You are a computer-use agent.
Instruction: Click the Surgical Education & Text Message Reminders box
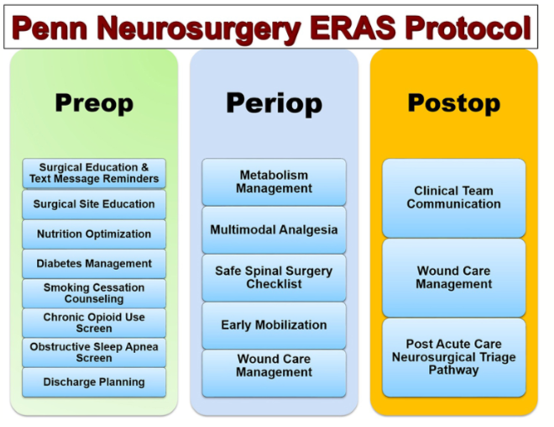click(x=94, y=173)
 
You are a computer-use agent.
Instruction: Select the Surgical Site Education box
click(x=94, y=203)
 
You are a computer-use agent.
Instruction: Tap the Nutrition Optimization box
click(x=94, y=234)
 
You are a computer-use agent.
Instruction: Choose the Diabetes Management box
click(x=94, y=263)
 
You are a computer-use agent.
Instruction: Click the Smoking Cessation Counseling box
click(x=94, y=293)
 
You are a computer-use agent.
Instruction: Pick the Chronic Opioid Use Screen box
click(x=94, y=323)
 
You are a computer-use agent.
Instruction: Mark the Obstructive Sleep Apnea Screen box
click(x=94, y=352)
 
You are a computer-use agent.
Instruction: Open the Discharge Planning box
click(x=94, y=382)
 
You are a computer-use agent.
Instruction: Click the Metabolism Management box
click(x=274, y=182)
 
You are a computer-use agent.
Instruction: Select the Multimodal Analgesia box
click(x=274, y=229)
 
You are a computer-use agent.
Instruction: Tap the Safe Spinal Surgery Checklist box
click(x=274, y=277)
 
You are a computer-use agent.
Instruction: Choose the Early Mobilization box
click(x=274, y=324)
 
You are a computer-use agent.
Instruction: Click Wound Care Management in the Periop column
click(x=274, y=372)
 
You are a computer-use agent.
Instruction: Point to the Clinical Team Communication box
click(x=453, y=198)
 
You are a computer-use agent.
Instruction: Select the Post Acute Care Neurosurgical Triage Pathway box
click(x=453, y=356)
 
